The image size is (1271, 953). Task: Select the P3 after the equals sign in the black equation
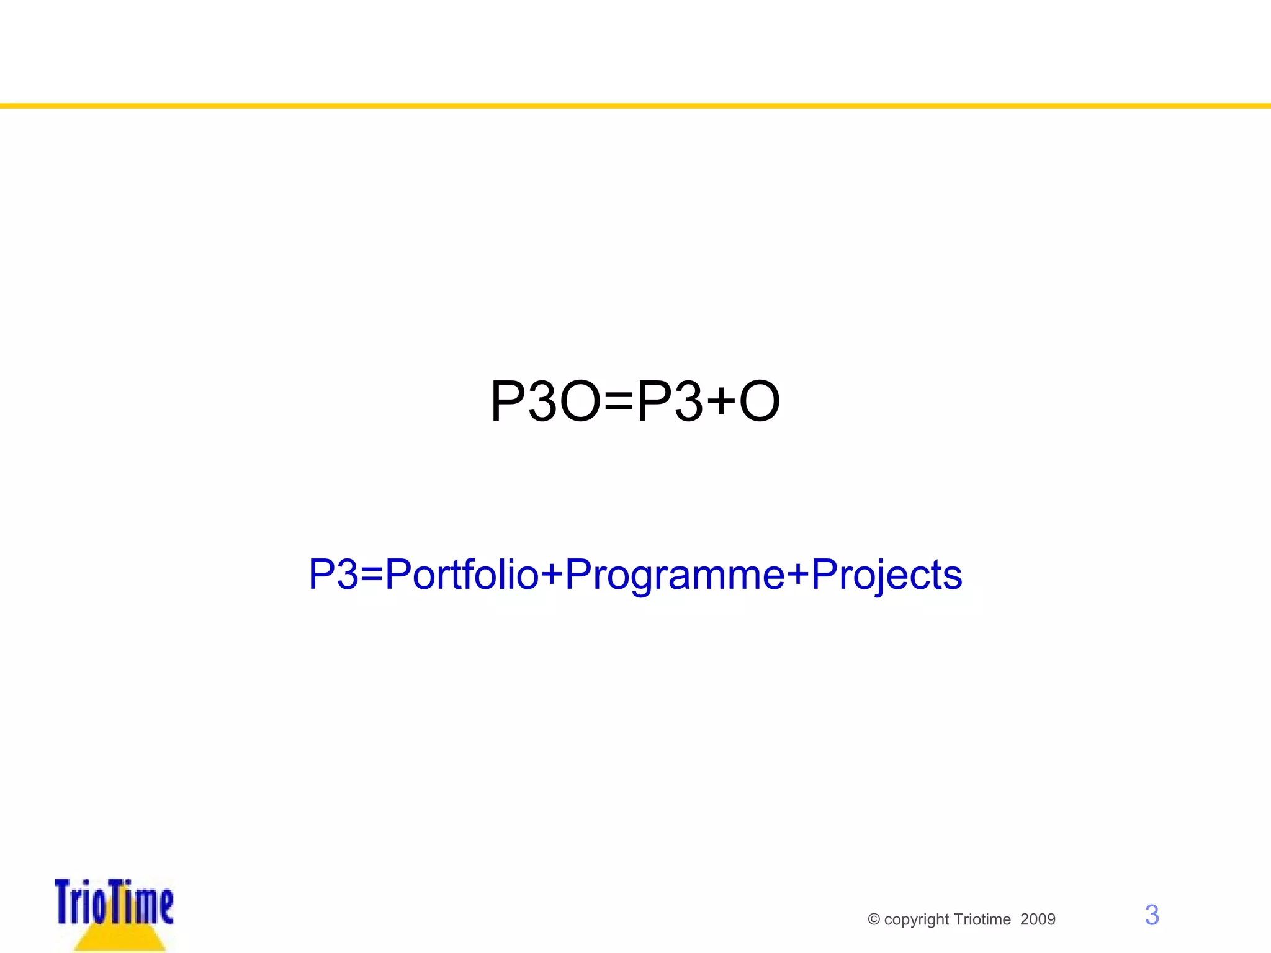669,402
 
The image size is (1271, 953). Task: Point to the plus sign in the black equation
721,402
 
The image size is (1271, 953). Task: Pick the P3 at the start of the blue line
333,574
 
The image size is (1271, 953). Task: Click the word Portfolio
461,574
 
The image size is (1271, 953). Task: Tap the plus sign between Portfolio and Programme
551,574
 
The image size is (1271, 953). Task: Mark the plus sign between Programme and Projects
798,574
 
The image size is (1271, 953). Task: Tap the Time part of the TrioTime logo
142,903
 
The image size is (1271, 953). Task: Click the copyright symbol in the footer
874,919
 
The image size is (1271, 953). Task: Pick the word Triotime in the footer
982,919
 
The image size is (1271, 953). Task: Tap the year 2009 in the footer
1038,919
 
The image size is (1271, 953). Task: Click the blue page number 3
1152,915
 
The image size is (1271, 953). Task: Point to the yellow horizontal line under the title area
635,106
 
